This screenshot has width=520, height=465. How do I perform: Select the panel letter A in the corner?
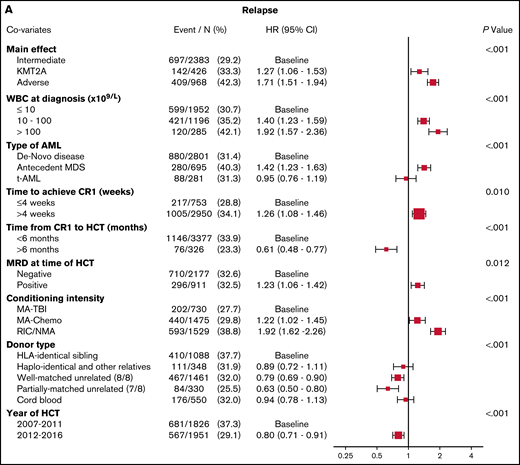[x=9, y=8]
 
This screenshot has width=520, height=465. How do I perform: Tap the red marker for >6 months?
[x=386, y=248]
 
